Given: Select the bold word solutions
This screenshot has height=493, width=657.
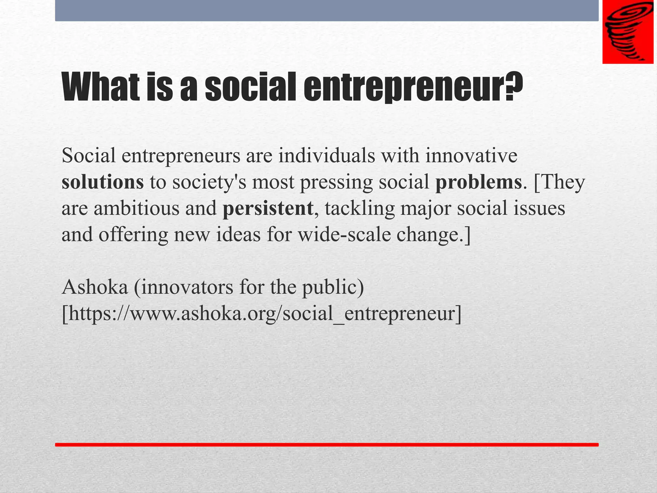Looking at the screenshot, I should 103,182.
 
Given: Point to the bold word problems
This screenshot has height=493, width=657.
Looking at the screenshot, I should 478,182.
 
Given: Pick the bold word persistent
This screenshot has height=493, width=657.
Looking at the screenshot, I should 268,209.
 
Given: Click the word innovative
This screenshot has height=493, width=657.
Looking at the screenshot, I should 471,156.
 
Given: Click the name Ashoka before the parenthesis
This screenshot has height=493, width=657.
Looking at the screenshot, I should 95,287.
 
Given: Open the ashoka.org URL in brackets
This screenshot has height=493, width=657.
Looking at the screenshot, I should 261,314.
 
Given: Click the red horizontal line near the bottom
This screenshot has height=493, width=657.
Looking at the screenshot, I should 327,445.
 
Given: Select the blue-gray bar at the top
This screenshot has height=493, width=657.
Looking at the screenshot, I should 327,11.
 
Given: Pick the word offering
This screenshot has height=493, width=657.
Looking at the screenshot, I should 133,235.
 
